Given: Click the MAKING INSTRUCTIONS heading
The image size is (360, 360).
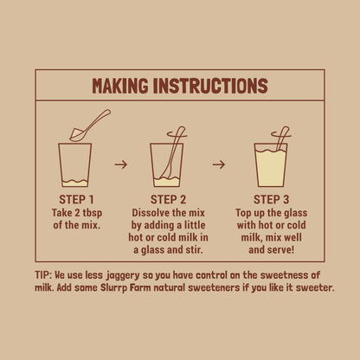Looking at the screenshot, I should (179, 86).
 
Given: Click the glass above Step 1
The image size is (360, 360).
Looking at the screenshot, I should (75, 164).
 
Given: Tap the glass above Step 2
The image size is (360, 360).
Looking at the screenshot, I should (166, 164).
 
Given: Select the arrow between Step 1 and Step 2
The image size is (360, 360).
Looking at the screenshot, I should (121, 162).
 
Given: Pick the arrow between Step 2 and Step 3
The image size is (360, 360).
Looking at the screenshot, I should (219, 162).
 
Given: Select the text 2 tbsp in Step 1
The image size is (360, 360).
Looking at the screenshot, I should (88, 211).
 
